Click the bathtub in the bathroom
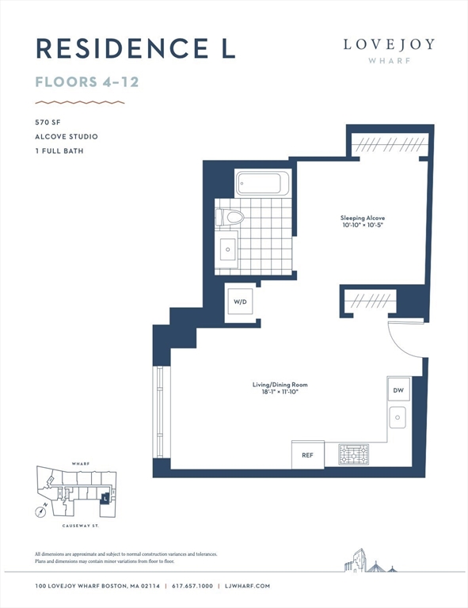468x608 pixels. point(262,183)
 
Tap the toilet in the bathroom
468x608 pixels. point(230,217)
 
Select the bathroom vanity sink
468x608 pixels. point(228,249)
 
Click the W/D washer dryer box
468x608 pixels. point(240,302)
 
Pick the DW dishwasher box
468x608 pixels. point(398,389)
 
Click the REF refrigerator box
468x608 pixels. point(308,455)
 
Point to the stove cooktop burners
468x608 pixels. point(354,454)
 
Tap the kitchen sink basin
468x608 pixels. point(398,417)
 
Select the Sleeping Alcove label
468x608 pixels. point(363,218)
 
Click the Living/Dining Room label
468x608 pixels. point(280,385)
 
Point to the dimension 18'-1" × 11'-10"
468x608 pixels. point(280,392)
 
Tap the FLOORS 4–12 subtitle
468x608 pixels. point(87,82)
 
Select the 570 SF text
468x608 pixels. point(48,122)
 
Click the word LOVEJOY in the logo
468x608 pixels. point(389,44)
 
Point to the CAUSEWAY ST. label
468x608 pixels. point(81,526)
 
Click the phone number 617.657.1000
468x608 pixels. point(192,586)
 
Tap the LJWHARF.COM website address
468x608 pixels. point(247,586)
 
